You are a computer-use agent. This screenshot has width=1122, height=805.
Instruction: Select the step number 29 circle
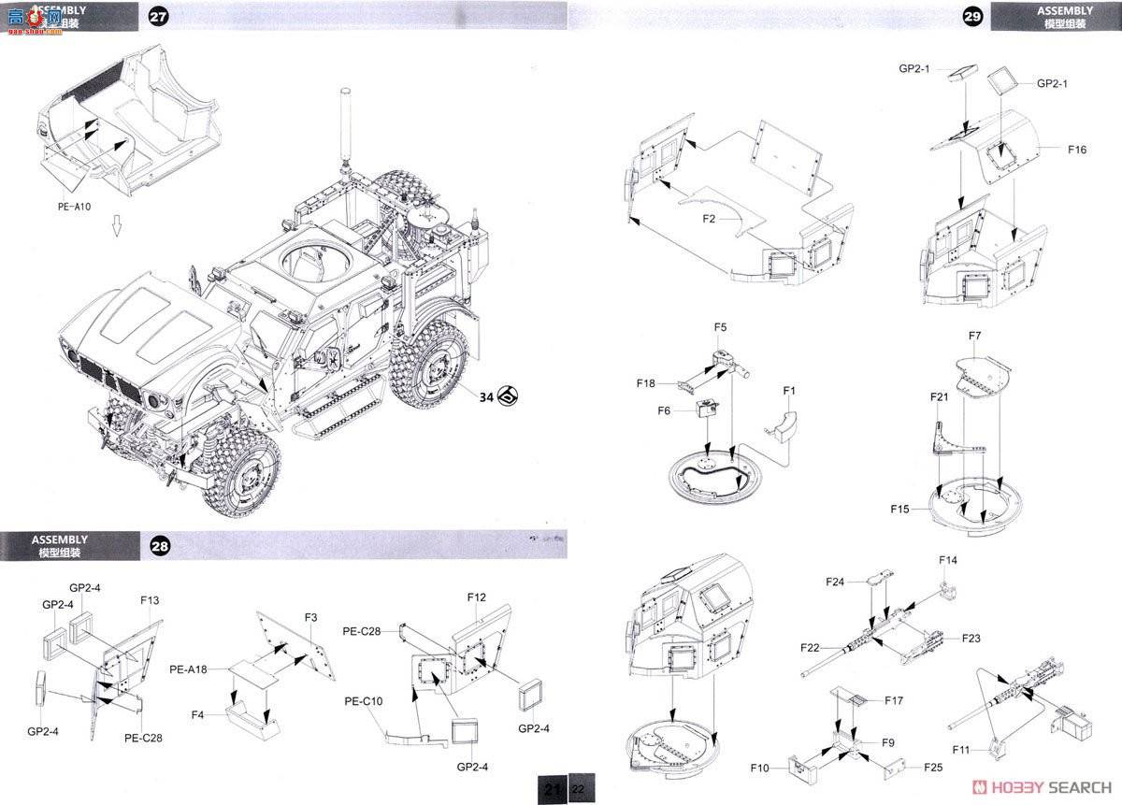point(972,17)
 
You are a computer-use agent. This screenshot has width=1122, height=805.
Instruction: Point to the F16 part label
point(1075,150)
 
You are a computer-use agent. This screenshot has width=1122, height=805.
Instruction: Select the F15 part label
point(900,509)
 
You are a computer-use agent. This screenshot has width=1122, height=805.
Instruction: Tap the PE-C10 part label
point(363,701)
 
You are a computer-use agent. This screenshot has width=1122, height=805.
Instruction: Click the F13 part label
point(150,600)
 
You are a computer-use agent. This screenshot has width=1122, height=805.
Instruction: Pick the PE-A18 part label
point(189,669)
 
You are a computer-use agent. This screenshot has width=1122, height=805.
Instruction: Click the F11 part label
point(960,750)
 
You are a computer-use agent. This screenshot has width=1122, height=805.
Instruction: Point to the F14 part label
point(948,560)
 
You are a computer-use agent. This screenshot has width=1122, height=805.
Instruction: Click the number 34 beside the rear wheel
point(485,396)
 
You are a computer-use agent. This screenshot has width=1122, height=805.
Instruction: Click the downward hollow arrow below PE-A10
point(117,226)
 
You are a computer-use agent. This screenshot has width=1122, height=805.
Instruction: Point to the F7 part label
point(974,336)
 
